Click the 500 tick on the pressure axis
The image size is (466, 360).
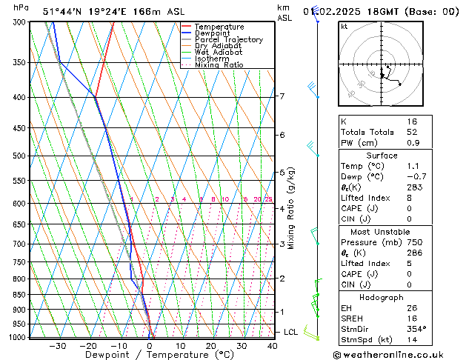tap(18, 156)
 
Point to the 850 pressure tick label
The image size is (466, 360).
tap(18, 295)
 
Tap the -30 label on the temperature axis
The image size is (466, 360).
tap(57, 346)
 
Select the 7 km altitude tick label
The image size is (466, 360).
tap(282, 96)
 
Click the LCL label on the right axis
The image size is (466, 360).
tap(290, 332)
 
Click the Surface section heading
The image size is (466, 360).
tap(382, 156)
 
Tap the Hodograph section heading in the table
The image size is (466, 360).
tap(382, 297)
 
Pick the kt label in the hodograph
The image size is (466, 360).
tap(344, 26)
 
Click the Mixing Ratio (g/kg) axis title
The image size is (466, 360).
tap(292, 208)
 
